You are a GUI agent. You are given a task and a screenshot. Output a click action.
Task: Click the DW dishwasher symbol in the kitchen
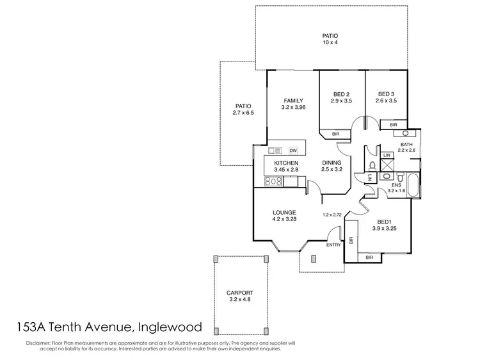[x=293, y=151]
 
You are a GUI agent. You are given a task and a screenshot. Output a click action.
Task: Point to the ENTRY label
[x=333, y=245]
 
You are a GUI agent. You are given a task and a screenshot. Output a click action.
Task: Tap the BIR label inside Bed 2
[x=337, y=134]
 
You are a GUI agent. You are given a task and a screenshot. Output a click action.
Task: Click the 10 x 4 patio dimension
[x=330, y=43]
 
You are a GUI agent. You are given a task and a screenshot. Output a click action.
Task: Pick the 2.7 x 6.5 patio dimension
[x=243, y=113]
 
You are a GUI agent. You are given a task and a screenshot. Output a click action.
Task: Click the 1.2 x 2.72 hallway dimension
[x=333, y=215]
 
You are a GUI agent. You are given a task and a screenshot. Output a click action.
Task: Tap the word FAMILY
[x=294, y=100]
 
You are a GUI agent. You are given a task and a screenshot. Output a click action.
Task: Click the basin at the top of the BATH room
[x=405, y=134]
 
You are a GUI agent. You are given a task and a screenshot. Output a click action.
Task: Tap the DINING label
[x=331, y=163]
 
